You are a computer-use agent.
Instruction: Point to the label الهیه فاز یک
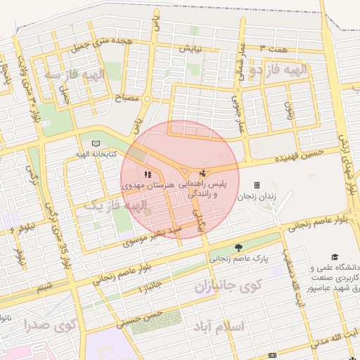116,206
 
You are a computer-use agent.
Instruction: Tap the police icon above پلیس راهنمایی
203,173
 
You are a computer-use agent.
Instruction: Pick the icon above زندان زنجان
257,186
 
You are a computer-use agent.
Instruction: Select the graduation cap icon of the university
335,257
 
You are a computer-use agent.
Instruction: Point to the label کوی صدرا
49,325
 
